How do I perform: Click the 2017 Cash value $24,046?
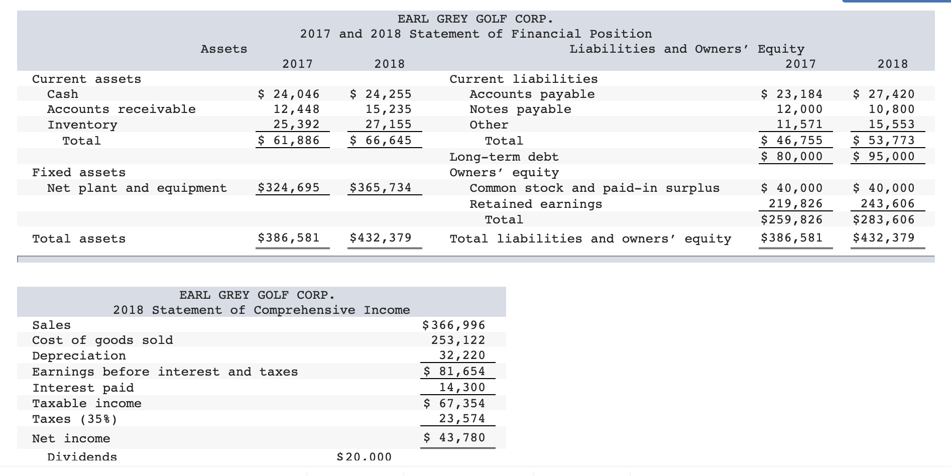(x=289, y=94)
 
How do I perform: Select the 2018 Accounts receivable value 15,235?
(x=388, y=109)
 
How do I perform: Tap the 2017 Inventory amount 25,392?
(x=296, y=124)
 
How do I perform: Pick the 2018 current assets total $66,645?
(x=381, y=140)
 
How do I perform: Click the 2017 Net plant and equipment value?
(x=289, y=188)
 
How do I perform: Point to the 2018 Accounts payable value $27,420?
(x=884, y=94)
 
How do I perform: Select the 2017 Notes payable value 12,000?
(x=799, y=109)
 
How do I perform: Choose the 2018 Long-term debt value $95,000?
(x=884, y=156)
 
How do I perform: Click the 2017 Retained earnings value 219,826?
(x=796, y=203)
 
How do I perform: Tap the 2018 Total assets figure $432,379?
(x=381, y=237)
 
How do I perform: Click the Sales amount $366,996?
(x=454, y=325)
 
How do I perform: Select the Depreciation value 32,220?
(x=462, y=355)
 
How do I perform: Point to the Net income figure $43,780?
(x=454, y=437)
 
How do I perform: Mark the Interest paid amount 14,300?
(x=462, y=387)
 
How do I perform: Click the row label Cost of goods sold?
(x=102, y=340)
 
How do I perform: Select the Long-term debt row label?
(x=504, y=157)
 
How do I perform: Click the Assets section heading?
(x=224, y=49)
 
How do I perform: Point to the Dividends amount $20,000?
(x=364, y=456)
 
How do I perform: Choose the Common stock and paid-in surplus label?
(x=594, y=188)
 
